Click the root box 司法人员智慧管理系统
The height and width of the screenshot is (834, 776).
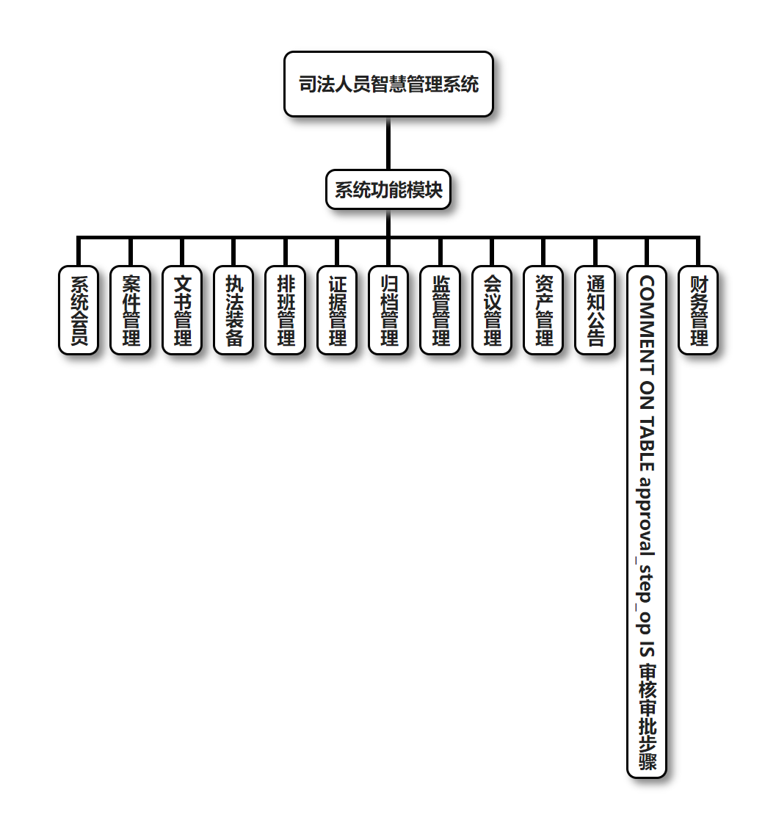tap(388, 84)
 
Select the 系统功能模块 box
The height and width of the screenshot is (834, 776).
tap(388, 190)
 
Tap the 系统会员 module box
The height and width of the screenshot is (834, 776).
tap(79, 310)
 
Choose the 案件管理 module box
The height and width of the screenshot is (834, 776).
tap(131, 310)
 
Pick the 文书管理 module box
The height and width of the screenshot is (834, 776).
tap(182, 310)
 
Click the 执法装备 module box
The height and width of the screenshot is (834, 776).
tap(233, 310)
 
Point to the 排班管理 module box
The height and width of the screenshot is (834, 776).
tap(286, 310)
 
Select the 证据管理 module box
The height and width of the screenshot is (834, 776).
tap(337, 310)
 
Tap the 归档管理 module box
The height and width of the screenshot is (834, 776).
tap(388, 310)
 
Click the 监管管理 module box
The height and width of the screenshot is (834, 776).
tap(440, 310)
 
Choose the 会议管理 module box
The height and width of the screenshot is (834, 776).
tap(492, 310)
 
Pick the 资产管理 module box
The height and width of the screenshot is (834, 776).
tap(544, 310)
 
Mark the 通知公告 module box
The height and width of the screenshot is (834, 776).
tap(595, 310)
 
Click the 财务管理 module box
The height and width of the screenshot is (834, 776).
tap(698, 310)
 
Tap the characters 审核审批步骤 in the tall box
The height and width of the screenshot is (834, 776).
tap(647, 717)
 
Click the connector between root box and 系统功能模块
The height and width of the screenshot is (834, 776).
tap(388, 144)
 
